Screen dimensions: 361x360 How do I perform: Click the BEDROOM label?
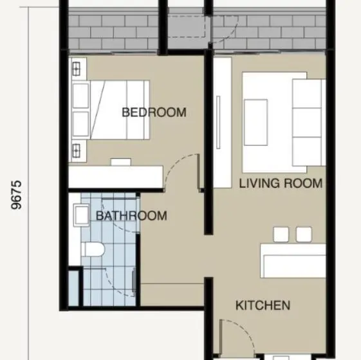[x=154, y=113]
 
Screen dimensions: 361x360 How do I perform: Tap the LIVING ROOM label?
[x=281, y=183]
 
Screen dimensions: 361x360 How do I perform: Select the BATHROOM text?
[x=131, y=216]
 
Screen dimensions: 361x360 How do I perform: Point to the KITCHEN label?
[x=263, y=305]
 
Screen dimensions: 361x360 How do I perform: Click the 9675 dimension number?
[x=17, y=195]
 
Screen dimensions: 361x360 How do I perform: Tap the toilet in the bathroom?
[x=93, y=249]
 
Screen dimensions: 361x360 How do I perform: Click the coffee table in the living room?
[x=255, y=122]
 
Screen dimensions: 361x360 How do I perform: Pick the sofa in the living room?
[x=309, y=122]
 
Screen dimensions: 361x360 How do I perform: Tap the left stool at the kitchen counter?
[x=281, y=235]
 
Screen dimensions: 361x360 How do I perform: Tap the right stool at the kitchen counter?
[x=304, y=235]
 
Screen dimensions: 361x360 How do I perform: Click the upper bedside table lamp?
[x=76, y=69]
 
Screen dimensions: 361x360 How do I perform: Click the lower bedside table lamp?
[x=76, y=150]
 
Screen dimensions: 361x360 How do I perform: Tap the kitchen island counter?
[x=293, y=261]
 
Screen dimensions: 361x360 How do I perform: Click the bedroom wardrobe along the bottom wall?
[x=116, y=177]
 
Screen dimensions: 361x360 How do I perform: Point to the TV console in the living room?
[x=222, y=122]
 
